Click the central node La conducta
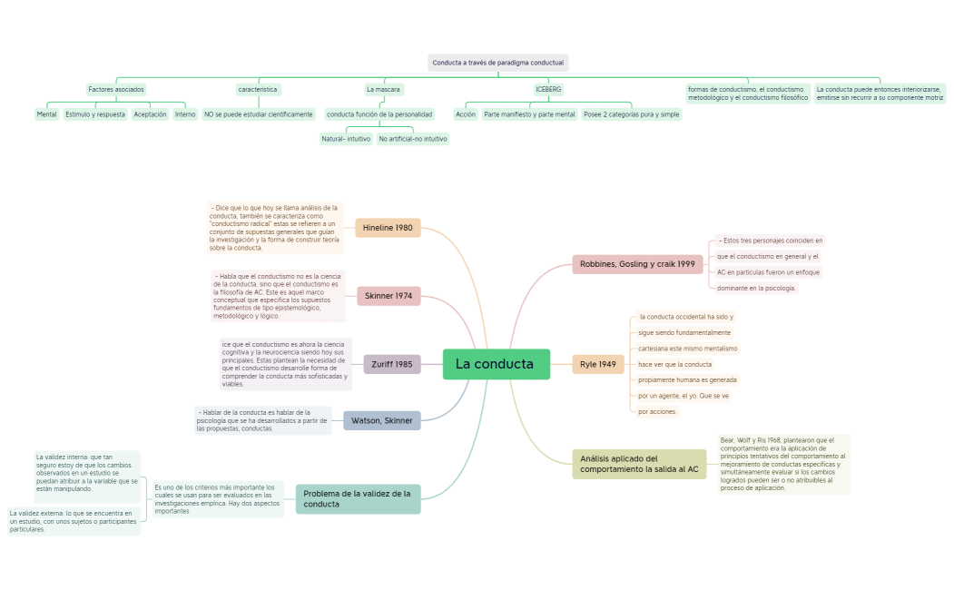(496, 364)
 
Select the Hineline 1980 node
(388, 228)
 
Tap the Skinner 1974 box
(388, 296)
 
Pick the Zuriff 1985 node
(391, 364)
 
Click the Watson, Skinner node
(382, 420)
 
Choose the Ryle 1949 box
(598, 364)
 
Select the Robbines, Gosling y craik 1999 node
(637, 264)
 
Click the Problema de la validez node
(358, 498)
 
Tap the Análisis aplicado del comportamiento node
(639, 464)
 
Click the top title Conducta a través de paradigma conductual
(497, 63)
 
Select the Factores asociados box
(116, 90)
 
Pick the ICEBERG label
(548, 90)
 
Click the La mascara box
(383, 90)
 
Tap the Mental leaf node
(46, 114)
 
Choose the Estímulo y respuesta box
(95, 114)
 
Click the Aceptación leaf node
(150, 114)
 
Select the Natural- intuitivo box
(345, 139)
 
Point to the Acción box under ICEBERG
(466, 114)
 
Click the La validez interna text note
(87, 473)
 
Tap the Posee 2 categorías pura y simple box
(631, 114)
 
